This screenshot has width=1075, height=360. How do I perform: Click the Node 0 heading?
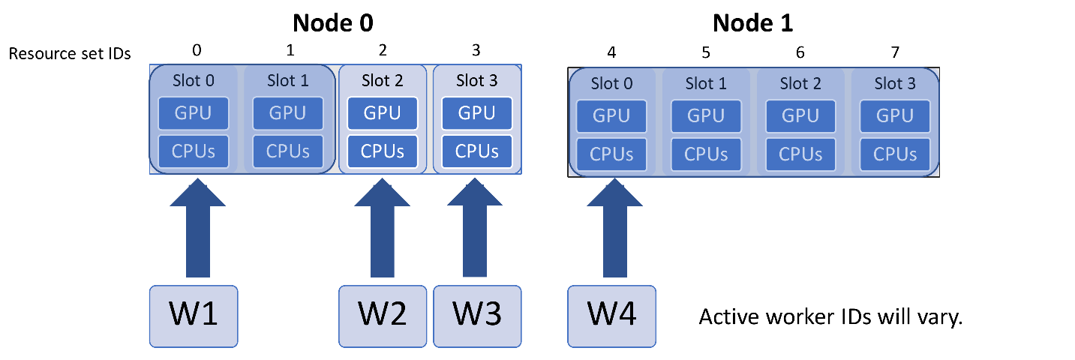click(x=333, y=23)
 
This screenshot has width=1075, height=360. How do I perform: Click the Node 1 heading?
click(x=752, y=23)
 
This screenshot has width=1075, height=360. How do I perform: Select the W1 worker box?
click(x=194, y=316)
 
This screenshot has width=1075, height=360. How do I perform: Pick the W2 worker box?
click(x=383, y=316)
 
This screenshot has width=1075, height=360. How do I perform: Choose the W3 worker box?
click(x=477, y=316)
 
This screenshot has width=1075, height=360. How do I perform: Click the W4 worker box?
click(x=611, y=316)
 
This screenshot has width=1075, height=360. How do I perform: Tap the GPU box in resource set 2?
click(x=383, y=114)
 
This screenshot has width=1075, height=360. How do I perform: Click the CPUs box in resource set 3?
click(x=477, y=151)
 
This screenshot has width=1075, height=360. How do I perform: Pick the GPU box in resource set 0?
click(x=194, y=114)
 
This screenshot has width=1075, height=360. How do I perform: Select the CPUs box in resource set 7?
click(x=895, y=154)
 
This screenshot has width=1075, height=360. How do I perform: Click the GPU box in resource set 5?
click(x=706, y=116)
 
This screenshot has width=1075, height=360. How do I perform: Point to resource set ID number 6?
click(x=800, y=52)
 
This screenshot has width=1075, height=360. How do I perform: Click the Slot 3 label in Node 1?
click(x=895, y=84)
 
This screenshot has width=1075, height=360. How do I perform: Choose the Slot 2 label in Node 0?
click(x=383, y=80)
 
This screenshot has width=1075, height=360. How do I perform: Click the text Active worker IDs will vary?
click(x=830, y=317)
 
